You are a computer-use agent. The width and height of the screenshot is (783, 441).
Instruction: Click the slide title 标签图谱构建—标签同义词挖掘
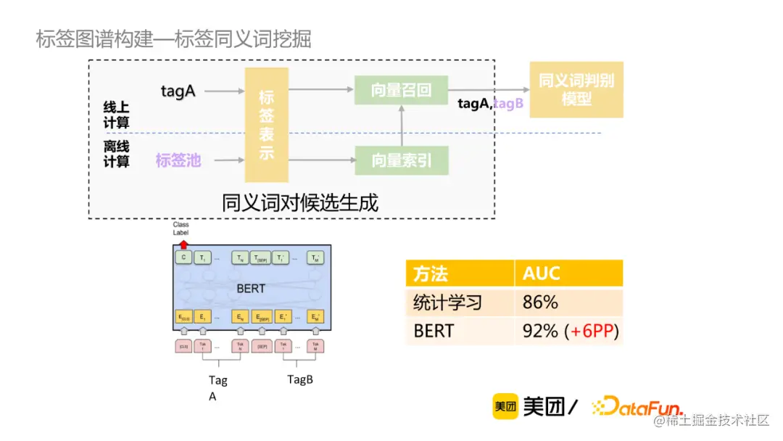(x=174, y=39)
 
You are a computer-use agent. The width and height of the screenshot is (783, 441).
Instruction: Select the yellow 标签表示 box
(x=267, y=125)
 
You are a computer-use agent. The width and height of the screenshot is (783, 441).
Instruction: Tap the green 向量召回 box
(x=401, y=90)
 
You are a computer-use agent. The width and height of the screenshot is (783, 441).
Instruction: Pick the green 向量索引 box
(x=401, y=160)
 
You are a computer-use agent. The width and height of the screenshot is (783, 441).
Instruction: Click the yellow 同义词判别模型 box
(x=576, y=89)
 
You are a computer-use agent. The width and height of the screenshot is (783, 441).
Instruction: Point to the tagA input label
(x=178, y=91)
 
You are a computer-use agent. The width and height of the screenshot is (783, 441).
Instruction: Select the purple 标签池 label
(x=178, y=160)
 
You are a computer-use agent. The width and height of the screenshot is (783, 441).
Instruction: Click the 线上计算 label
(x=116, y=115)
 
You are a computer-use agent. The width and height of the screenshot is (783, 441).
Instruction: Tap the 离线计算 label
(x=116, y=154)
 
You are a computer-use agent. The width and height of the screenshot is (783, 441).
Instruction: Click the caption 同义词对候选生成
(x=300, y=202)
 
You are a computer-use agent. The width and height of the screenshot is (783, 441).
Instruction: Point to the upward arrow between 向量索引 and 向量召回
(x=401, y=125)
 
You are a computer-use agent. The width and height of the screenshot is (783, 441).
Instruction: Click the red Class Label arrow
(x=183, y=244)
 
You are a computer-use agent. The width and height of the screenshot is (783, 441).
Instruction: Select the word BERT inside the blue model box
(x=251, y=289)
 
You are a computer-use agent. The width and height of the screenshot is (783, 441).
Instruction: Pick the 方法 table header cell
(x=431, y=273)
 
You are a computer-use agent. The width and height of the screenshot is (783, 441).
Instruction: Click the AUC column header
(x=542, y=273)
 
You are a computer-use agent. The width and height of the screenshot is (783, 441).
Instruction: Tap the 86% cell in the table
(x=540, y=302)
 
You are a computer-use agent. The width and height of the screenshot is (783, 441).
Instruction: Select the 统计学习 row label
(x=447, y=302)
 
